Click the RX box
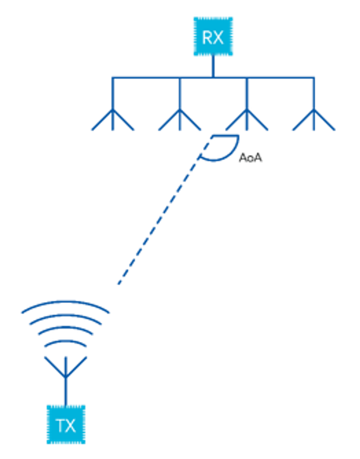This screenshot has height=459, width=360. click(x=213, y=37)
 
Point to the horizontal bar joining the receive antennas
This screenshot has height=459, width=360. click(x=152, y=78)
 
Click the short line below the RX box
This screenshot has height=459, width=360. click(x=213, y=66)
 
